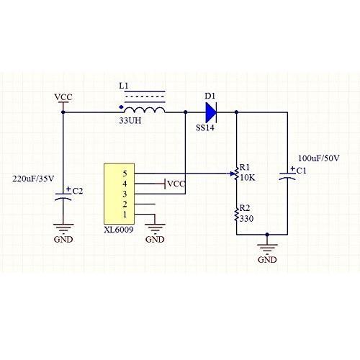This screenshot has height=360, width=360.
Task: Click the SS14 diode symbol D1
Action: click(x=211, y=112)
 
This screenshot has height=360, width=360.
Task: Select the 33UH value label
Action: click(x=130, y=122)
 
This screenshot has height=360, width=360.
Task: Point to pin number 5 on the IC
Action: click(x=125, y=174)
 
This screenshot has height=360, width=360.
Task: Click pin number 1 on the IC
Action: click(x=125, y=215)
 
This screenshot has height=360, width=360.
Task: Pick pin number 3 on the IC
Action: click(x=125, y=194)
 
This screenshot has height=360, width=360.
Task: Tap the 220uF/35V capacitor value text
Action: click(x=34, y=177)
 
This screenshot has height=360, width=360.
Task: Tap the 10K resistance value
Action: click(x=247, y=177)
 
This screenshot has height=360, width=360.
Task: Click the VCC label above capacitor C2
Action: click(x=63, y=96)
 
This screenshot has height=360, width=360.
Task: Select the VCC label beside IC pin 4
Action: click(x=176, y=184)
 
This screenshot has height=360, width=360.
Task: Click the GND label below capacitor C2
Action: click(x=63, y=239)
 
